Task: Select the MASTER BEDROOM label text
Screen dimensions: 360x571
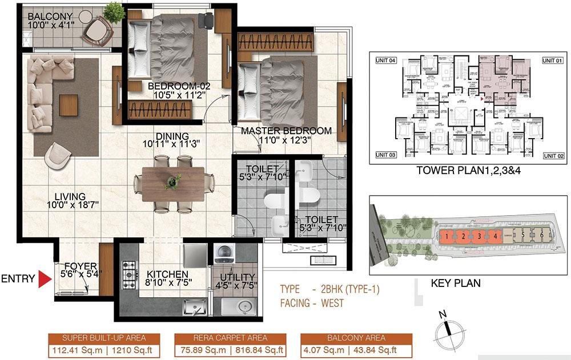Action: pos(286,131)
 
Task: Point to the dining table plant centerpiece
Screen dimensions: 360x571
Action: pos(171,183)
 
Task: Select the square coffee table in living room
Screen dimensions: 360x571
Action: pos(68,104)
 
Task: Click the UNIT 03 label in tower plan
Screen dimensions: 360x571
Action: pos(385,155)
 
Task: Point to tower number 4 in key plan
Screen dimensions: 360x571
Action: pos(496,235)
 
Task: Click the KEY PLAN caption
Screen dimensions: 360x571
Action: pos(455,283)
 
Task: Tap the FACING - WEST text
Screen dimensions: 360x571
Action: pos(312,304)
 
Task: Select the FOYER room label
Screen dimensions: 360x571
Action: pos(81,266)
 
